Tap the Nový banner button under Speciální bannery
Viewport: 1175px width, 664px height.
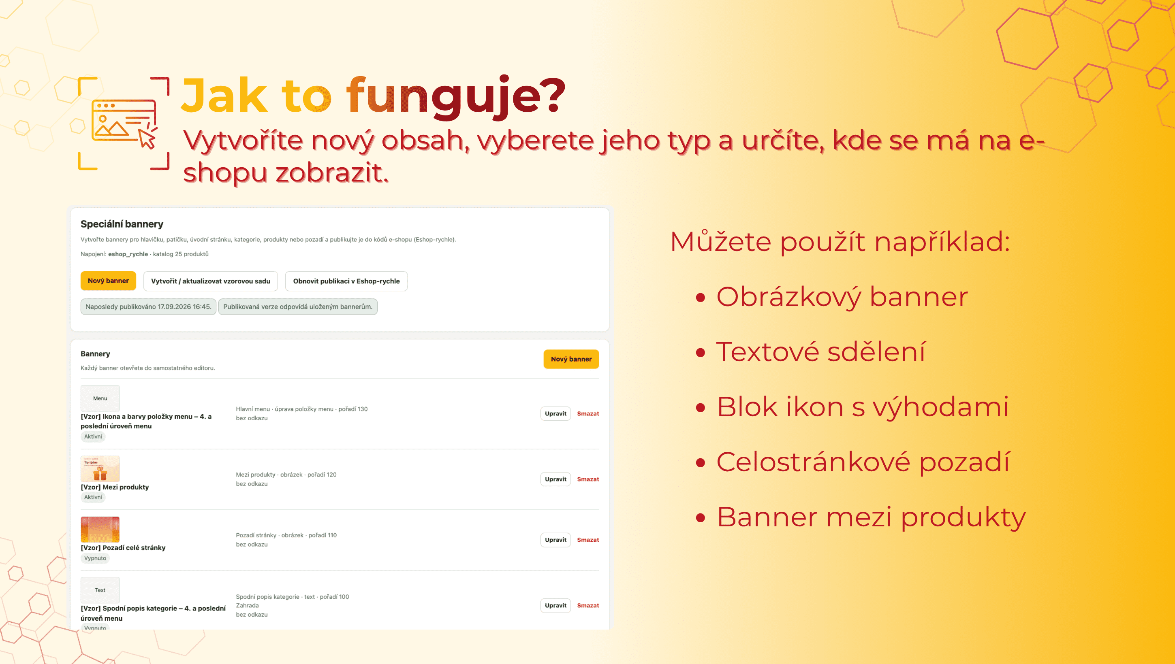(x=108, y=281)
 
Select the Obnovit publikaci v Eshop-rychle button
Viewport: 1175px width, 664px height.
(x=346, y=281)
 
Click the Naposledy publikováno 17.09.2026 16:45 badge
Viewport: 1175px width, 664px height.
(x=148, y=306)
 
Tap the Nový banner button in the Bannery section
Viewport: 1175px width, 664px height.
(x=571, y=359)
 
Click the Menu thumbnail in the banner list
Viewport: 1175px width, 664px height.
(x=100, y=398)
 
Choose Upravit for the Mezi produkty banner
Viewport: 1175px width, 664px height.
(x=556, y=479)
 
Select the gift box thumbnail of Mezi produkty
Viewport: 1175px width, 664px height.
(x=100, y=469)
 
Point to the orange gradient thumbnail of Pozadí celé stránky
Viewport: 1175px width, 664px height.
(x=100, y=530)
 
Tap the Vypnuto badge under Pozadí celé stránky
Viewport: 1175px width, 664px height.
(x=95, y=558)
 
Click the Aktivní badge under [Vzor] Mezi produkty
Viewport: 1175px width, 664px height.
(x=93, y=497)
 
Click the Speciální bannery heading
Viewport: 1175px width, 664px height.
(x=122, y=224)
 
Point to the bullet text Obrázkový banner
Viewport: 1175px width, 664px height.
(x=842, y=297)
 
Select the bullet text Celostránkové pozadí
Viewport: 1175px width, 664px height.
(x=863, y=462)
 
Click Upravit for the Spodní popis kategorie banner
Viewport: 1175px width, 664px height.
(x=556, y=606)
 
